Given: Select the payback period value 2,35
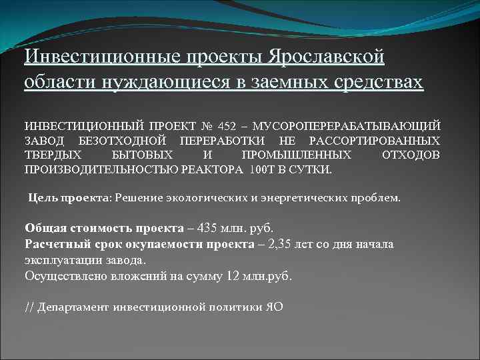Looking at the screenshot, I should (281, 243).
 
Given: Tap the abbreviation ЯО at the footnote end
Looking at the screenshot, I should (274, 307).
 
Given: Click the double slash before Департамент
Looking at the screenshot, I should (29, 307).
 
